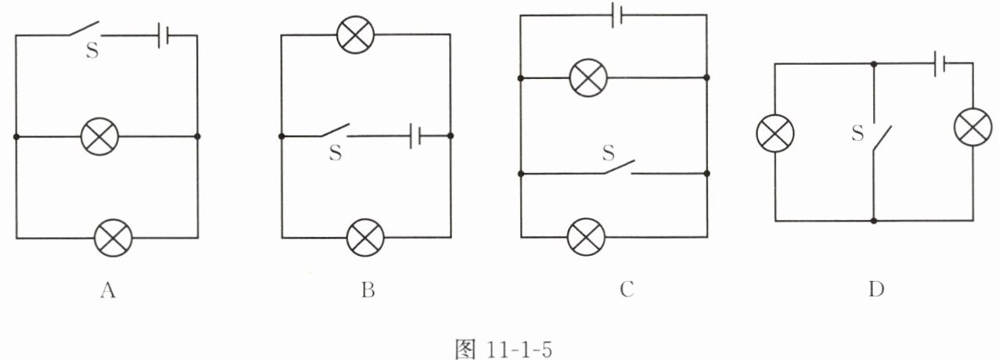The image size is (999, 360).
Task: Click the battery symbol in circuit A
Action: click(x=164, y=36)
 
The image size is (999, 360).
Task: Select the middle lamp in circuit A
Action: click(x=101, y=137)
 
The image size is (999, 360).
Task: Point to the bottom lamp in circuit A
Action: click(x=113, y=237)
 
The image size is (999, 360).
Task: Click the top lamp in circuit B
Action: click(x=355, y=34)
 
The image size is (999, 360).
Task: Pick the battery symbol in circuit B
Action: click(x=415, y=137)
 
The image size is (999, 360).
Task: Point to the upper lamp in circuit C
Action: click(x=589, y=77)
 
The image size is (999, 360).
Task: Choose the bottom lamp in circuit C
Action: click(x=588, y=236)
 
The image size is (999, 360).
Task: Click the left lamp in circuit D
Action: click(x=774, y=132)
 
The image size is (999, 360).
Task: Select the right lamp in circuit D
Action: click(x=972, y=126)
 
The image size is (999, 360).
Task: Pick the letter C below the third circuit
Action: click(x=625, y=290)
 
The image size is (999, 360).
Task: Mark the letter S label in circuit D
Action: click(x=857, y=134)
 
